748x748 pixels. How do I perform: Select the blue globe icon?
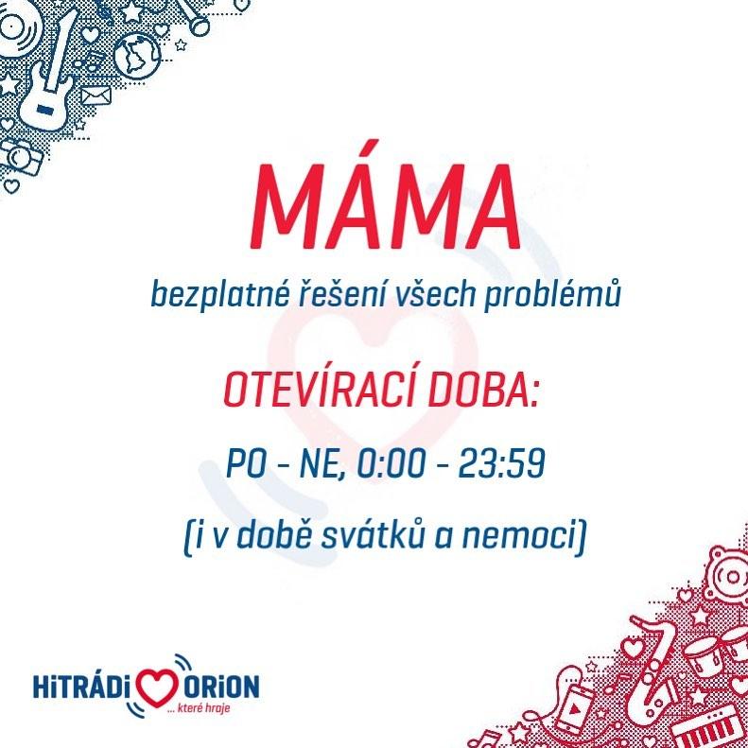pos(136,55)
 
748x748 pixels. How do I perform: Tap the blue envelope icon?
pos(96,96)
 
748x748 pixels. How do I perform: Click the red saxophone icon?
pos(656,668)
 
